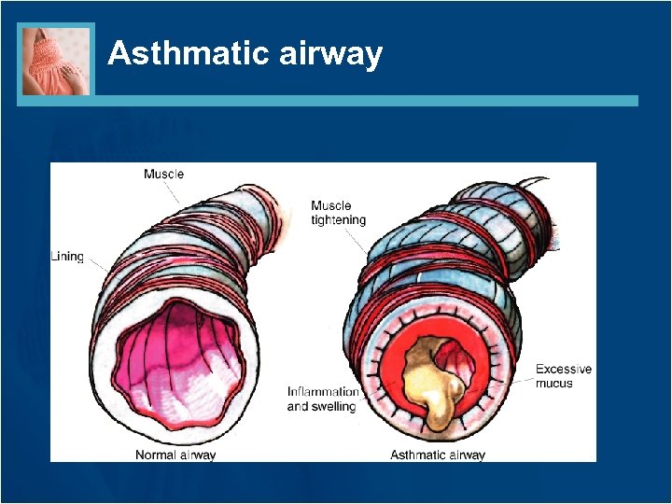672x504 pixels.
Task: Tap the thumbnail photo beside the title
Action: (56, 60)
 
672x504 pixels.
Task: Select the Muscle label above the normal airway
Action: (163, 174)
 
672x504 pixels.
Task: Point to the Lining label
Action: (67, 256)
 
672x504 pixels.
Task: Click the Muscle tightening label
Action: (338, 213)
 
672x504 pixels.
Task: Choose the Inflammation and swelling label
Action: (322, 399)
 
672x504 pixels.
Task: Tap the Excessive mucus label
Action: (564, 376)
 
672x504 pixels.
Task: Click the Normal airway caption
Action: (175, 455)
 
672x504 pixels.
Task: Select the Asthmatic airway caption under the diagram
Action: (438, 455)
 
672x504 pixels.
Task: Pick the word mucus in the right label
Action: (554, 384)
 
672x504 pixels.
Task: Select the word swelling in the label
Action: (334, 406)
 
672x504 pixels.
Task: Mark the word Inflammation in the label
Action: (323, 392)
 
